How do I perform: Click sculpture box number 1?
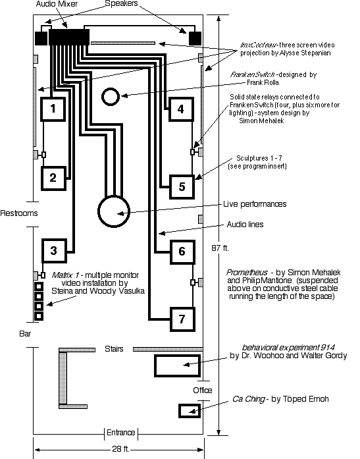tap(53, 109)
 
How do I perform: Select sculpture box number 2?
tap(53, 178)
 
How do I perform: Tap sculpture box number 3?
tap(55, 251)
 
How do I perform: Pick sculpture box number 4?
tap(181, 109)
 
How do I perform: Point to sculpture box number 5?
tap(182, 187)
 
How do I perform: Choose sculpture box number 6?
tap(182, 252)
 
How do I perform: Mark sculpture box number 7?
tap(182, 319)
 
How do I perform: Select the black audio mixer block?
tap(69, 37)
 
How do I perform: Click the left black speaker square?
tap(41, 38)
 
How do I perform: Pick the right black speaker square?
tap(195, 38)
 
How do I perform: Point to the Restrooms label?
tap(19, 213)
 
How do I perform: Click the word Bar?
tap(25, 334)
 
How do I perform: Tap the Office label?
tap(203, 391)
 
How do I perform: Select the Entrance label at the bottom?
tap(121, 433)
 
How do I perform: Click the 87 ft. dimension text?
tap(220, 248)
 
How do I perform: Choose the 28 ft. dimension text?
tap(120, 448)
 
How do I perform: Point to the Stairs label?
tap(114, 349)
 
